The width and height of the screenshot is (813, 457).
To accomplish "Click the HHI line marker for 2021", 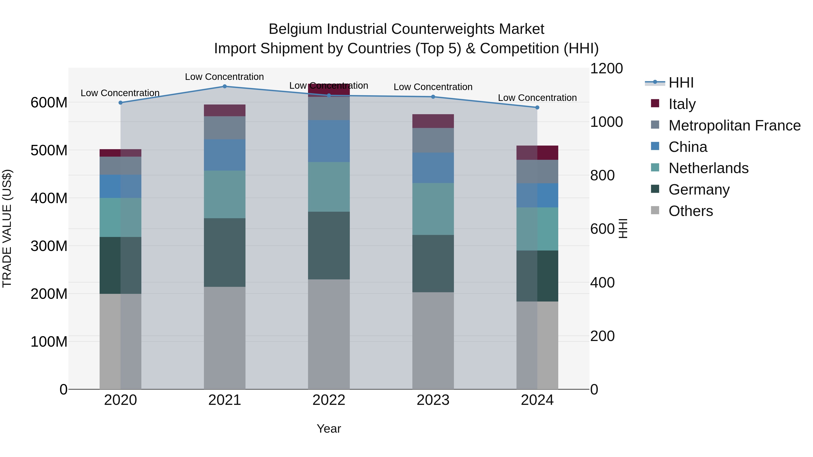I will coord(225,86).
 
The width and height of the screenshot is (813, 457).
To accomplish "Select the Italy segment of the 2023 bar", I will coord(433,121).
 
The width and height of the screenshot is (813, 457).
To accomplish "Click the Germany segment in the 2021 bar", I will coord(225,252).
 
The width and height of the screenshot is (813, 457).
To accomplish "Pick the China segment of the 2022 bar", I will coord(329,141).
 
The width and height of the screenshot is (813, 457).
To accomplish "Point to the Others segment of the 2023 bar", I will coord(433,341).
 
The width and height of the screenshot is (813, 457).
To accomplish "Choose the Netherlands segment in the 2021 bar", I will coord(225,194).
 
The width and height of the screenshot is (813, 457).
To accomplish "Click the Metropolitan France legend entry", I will coord(734,125).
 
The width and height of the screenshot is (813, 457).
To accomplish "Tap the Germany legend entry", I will coord(699,190).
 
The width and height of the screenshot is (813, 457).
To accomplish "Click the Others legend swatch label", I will coord(691,211).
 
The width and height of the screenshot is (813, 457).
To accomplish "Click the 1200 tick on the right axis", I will coord(606,68).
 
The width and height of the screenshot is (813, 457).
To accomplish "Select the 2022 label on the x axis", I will coord(329,400).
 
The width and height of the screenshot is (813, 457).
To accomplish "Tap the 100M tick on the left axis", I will coord(49,342).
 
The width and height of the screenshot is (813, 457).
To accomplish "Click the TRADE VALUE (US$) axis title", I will coord(7,228).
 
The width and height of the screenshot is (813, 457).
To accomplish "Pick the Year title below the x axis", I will coord(329,429).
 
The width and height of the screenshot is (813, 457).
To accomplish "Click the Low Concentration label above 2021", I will coord(224,77).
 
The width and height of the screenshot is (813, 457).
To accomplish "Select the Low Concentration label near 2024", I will coord(537,98).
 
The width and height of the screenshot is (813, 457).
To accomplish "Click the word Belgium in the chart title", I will coord(295,29).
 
